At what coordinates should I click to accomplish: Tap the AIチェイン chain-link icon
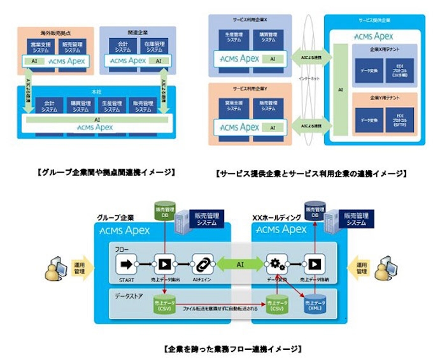coord(202,262)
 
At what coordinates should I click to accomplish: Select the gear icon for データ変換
coord(278,262)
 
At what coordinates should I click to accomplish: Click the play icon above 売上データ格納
coord(313,262)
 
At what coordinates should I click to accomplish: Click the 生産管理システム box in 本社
coord(111,104)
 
